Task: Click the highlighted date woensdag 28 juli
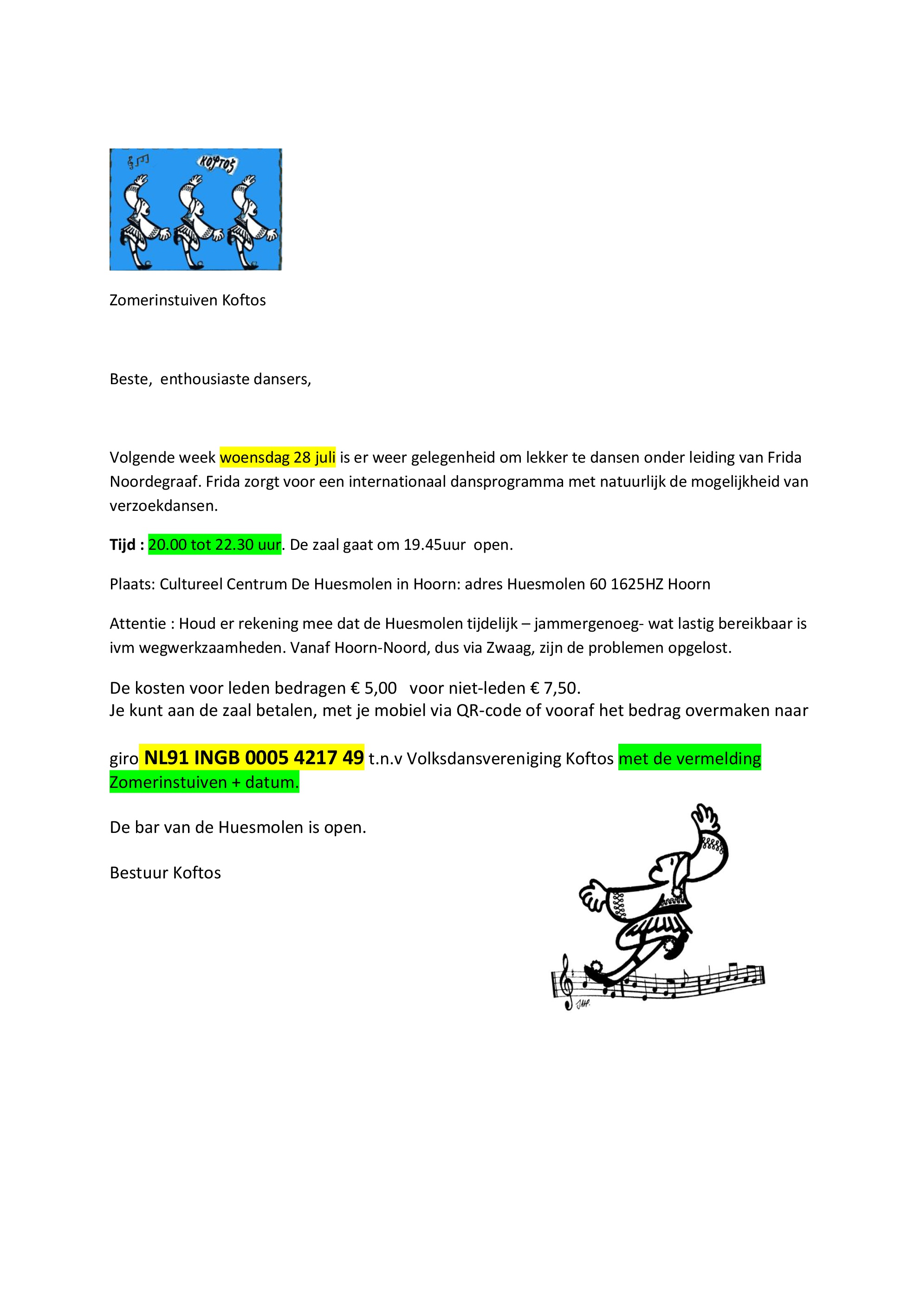click(x=278, y=457)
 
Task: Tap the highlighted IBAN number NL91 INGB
click(x=253, y=758)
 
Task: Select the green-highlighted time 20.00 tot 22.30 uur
click(x=214, y=544)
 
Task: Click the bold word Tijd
click(x=123, y=544)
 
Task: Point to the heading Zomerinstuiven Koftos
click(x=187, y=300)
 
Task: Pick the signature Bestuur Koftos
click(x=165, y=872)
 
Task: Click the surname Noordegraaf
click(x=155, y=482)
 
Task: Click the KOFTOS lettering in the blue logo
click(x=217, y=164)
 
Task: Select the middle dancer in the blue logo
click(x=196, y=219)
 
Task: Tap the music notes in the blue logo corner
click(x=138, y=161)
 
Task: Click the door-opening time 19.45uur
click(x=434, y=544)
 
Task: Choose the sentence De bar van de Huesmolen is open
click(x=238, y=827)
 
